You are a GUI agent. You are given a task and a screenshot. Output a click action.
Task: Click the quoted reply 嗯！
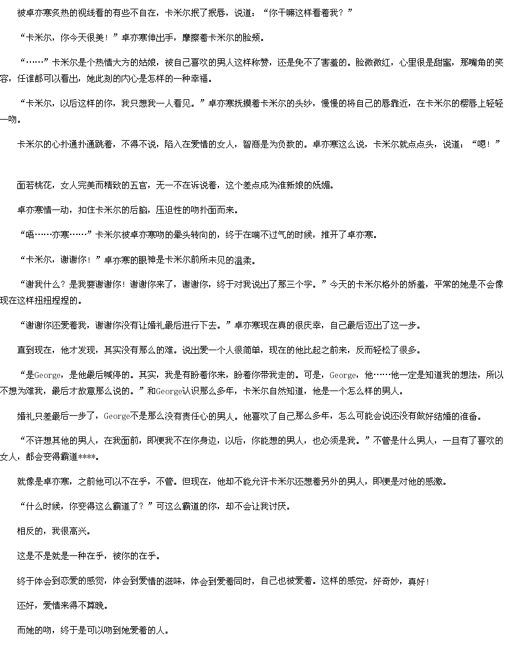(486, 144)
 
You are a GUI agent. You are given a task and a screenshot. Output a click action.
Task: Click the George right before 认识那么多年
(169, 391)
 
